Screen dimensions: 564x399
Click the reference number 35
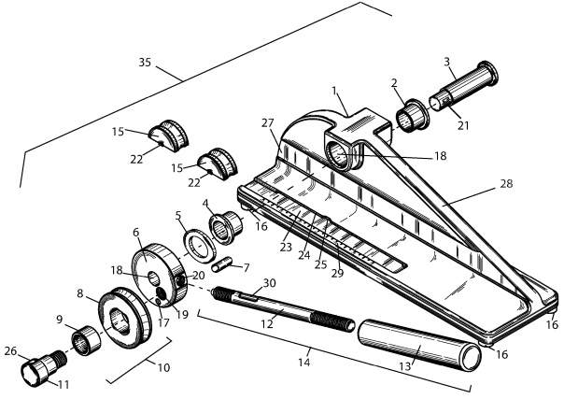pyautogui.click(x=145, y=63)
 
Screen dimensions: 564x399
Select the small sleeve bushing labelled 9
pyautogui.click(x=86, y=340)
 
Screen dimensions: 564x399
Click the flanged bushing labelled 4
pyautogui.click(x=227, y=227)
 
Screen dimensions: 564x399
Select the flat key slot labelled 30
pyautogui.click(x=248, y=296)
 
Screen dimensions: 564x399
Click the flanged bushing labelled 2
pyautogui.click(x=413, y=116)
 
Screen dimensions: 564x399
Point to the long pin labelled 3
pyautogui.click(x=464, y=87)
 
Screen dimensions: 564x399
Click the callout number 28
pyautogui.click(x=506, y=183)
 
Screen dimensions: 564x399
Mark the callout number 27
pyautogui.click(x=268, y=123)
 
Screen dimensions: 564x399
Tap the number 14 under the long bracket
pyautogui.click(x=303, y=362)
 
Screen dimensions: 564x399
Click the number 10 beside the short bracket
pyautogui.click(x=163, y=368)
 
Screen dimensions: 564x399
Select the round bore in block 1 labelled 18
pyautogui.click(x=338, y=156)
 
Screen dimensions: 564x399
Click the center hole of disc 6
pyautogui.click(x=154, y=278)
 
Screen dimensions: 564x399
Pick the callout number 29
pyautogui.click(x=337, y=273)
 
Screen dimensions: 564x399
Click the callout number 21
pyautogui.click(x=463, y=125)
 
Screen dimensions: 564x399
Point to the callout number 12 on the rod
pyautogui.click(x=267, y=324)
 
